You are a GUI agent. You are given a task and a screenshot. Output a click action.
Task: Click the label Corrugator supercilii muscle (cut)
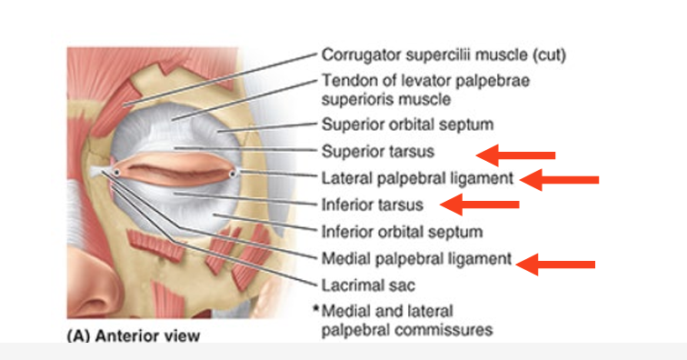(443, 55)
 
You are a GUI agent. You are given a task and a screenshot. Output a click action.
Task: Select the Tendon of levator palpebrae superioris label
(425, 89)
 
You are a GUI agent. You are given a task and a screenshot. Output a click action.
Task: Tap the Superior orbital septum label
(407, 125)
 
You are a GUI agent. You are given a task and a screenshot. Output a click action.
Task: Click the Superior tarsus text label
(377, 151)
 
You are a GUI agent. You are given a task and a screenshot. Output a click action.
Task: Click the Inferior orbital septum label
(402, 231)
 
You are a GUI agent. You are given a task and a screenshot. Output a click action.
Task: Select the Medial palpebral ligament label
(417, 258)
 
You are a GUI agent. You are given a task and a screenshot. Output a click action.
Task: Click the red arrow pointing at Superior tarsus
(516, 154)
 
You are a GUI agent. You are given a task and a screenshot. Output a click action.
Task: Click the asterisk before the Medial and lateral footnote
(316, 309)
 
